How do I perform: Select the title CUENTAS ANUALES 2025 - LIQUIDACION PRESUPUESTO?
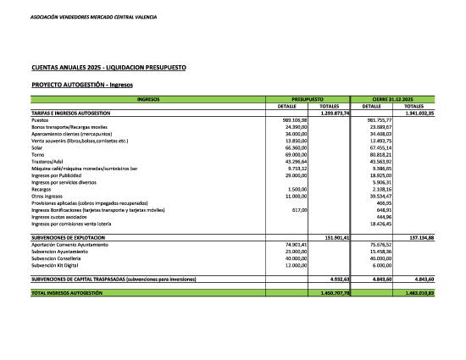tap(108, 67)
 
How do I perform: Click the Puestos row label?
tap(41, 119)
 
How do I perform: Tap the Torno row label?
tap(38, 155)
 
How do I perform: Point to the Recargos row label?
tap(43, 187)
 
